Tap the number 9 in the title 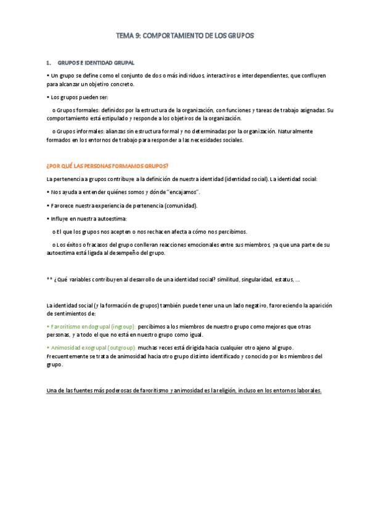coord(137,36)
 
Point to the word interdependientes coord(262,74)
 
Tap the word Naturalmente coord(296,132)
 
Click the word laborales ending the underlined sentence coord(306,391)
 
